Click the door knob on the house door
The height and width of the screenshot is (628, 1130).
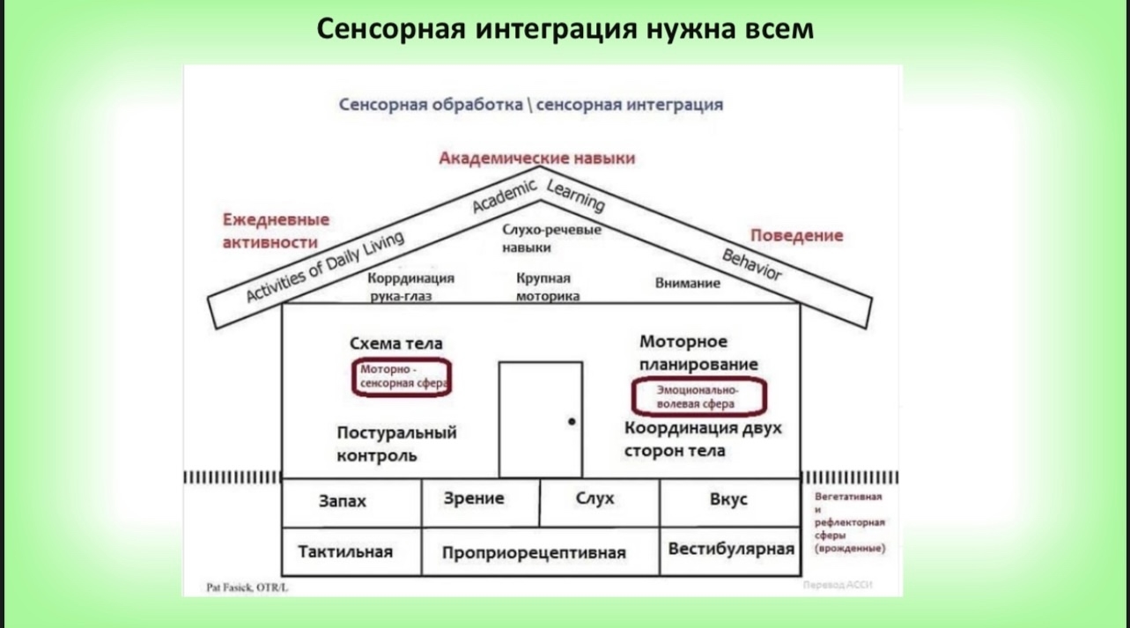(x=572, y=422)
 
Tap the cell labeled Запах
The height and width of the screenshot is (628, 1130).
(x=343, y=501)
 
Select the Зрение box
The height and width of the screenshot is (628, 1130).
(x=474, y=499)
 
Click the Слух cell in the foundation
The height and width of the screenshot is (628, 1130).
(x=595, y=499)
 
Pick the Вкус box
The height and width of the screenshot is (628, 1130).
(x=728, y=499)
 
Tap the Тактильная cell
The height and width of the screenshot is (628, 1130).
(x=345, y=552)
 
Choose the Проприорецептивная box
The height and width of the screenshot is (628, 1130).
(x=534, y=553)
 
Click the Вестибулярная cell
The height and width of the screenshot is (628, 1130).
(x=731, y=549)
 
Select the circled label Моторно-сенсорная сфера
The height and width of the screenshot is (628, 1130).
(x=401, y=377)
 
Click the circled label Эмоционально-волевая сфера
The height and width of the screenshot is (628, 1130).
(x=698, y=396)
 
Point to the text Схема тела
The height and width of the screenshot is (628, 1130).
(x=396, y=344)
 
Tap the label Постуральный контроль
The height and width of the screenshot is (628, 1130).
(x=397, y=444)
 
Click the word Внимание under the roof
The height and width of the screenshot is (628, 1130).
(x=687, y=284)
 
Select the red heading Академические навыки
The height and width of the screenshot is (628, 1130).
(x=537, y=159)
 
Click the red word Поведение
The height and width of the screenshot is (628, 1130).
(x=796, y=235)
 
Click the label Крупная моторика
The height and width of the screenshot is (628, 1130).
(x=547, y=287)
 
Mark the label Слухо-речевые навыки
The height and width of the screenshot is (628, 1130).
(x=551, y=238)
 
